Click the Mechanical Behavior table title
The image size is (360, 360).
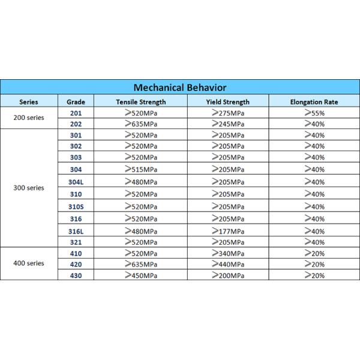(x=180, y=87)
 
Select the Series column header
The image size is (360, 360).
(x=29, y=101)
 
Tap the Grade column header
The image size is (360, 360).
(x=76, y=101)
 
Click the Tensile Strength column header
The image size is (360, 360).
(x=141, y=101)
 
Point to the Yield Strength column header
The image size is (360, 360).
(x=227, y=101)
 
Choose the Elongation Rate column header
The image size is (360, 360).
(x=314, y=101)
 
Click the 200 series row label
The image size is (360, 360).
(x=29, y=118)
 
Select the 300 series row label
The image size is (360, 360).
(x=29, y=188)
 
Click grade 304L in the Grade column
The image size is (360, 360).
(x=76, y=182)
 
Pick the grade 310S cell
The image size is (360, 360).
(x=76, y=206)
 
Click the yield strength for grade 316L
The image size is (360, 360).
(x=227, y=230)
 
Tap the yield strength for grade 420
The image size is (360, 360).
(x=227, y=264)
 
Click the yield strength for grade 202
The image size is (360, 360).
(x=227, y=124)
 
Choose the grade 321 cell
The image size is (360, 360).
(x=76, y=242)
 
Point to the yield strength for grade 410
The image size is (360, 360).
(x=227, y=253)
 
